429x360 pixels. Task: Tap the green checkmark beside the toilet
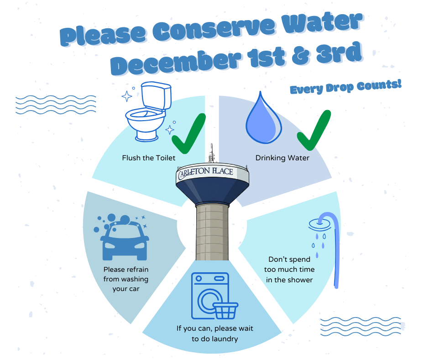[188, 134]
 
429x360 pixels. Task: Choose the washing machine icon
[208, 295]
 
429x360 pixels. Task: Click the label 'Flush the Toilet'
[148, 158]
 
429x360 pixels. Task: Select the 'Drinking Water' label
[282, 158]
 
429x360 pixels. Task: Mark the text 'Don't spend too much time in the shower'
[289, 270]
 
